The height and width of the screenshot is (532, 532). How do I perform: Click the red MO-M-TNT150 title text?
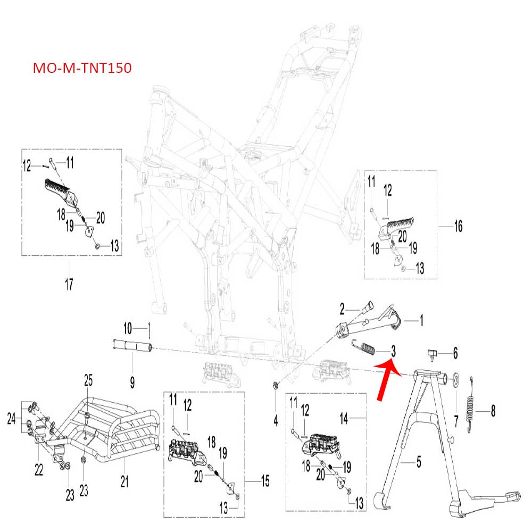click(x=82, y=69)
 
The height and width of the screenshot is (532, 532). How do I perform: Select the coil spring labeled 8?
click(x=470, y=403)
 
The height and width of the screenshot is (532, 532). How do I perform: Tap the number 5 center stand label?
click(x=418, y=462)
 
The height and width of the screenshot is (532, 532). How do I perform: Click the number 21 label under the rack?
click(x=124, y=482)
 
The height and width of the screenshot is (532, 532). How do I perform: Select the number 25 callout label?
click(x=88, y=380)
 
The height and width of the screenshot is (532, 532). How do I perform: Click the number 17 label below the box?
click(x=69, y=284)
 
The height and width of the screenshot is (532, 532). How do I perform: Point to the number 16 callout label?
click(x=458, y=227)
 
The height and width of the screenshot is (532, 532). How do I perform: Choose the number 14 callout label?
click(x=344, y=420)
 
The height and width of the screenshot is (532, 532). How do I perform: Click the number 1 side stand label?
click(x=421, y=321)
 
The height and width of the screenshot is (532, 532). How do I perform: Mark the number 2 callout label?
click(x=343, y=307)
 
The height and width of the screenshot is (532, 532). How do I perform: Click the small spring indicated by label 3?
click(x=367, y=349)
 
